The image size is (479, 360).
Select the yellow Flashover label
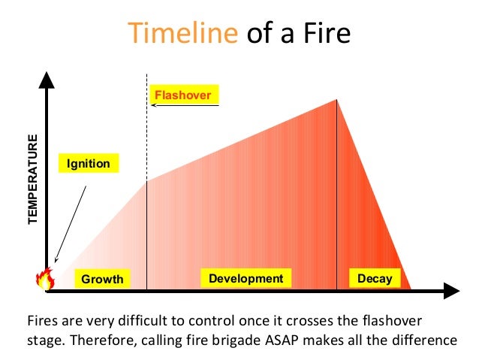coord(182,95)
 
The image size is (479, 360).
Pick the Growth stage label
coord(102,280)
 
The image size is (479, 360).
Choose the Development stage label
coord(246,279)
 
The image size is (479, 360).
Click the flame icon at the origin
coord(45,280)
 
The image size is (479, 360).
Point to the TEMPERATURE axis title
coord(32,180)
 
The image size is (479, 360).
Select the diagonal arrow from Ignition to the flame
coord(71,224)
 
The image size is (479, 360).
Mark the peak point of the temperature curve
coord(336,100)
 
